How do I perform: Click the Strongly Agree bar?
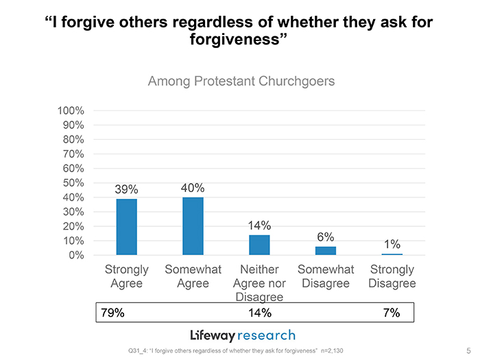pyautogui.click(x=127, y=227)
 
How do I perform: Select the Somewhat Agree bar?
pyautogui.click(x=193, y=226)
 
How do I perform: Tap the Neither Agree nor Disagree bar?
pyautogui.click(x=259, y=245)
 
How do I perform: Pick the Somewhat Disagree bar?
pyautogui.click(x=326, y=250)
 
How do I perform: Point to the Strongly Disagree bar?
pyautogui.click(x=392, y=254)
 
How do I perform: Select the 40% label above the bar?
pyautogui.click(x=193, y=188)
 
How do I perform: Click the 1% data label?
pyautogui.click(x=392, y=244)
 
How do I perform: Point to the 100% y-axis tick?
pyautogui.click(x=71, y=110)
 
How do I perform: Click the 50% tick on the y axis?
pyautogui.click(x=73, y=183)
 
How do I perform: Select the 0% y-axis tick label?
pyautogui.click(x=76, y=255)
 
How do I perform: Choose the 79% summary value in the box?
pyautogui.click(x=112, y=313)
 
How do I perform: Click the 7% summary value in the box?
pyautogui.click(x=391, y=313)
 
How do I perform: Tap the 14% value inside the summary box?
pyautogui.click(x=259, y=313)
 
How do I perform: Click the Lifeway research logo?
pyautogui.click(x=243, y=335)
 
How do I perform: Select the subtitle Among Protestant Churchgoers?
pyautogui.click(x=241, y=82)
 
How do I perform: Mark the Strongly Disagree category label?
pyautogui.click(x=392, y=276)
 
